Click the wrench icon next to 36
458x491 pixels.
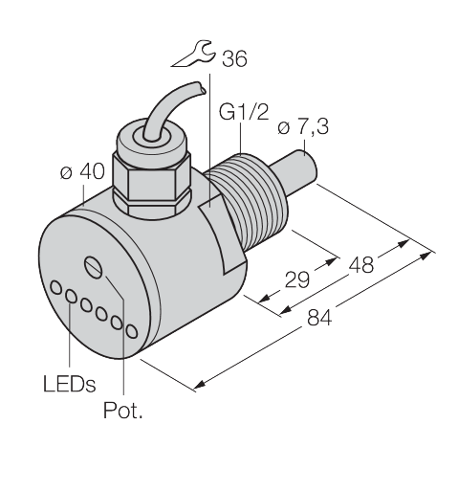(194, 56)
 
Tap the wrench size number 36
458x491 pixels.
(234, 58)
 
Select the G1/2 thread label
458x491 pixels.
(244, 112)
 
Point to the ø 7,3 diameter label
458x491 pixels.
(303, 127)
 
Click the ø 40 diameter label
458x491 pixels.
(82, 171)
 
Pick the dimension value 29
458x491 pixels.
(297, 279)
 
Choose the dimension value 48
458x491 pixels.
(361, 265)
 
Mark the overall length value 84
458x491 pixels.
(319, 318)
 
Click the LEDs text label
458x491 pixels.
(70, 383)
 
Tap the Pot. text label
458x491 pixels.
(122, 410)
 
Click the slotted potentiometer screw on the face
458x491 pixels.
(94, 266)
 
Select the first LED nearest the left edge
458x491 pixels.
(56, 287)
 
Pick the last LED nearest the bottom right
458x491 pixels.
(132, 331)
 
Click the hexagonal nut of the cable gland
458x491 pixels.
(152, 185)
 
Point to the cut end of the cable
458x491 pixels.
(200, 87)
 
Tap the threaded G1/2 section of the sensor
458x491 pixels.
(251, 204)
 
